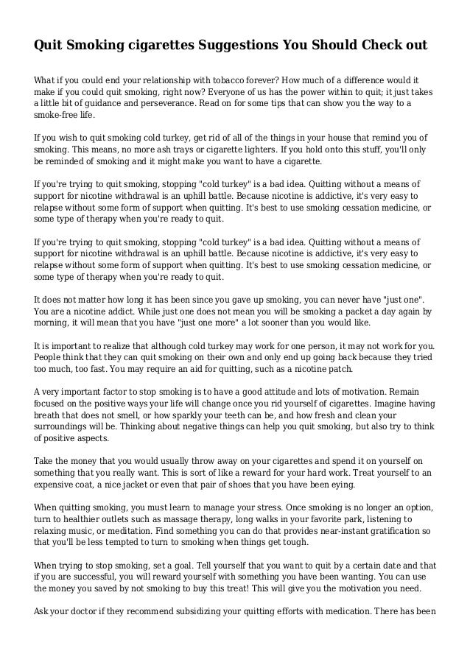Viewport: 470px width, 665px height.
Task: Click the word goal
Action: [x=187, y=566]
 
